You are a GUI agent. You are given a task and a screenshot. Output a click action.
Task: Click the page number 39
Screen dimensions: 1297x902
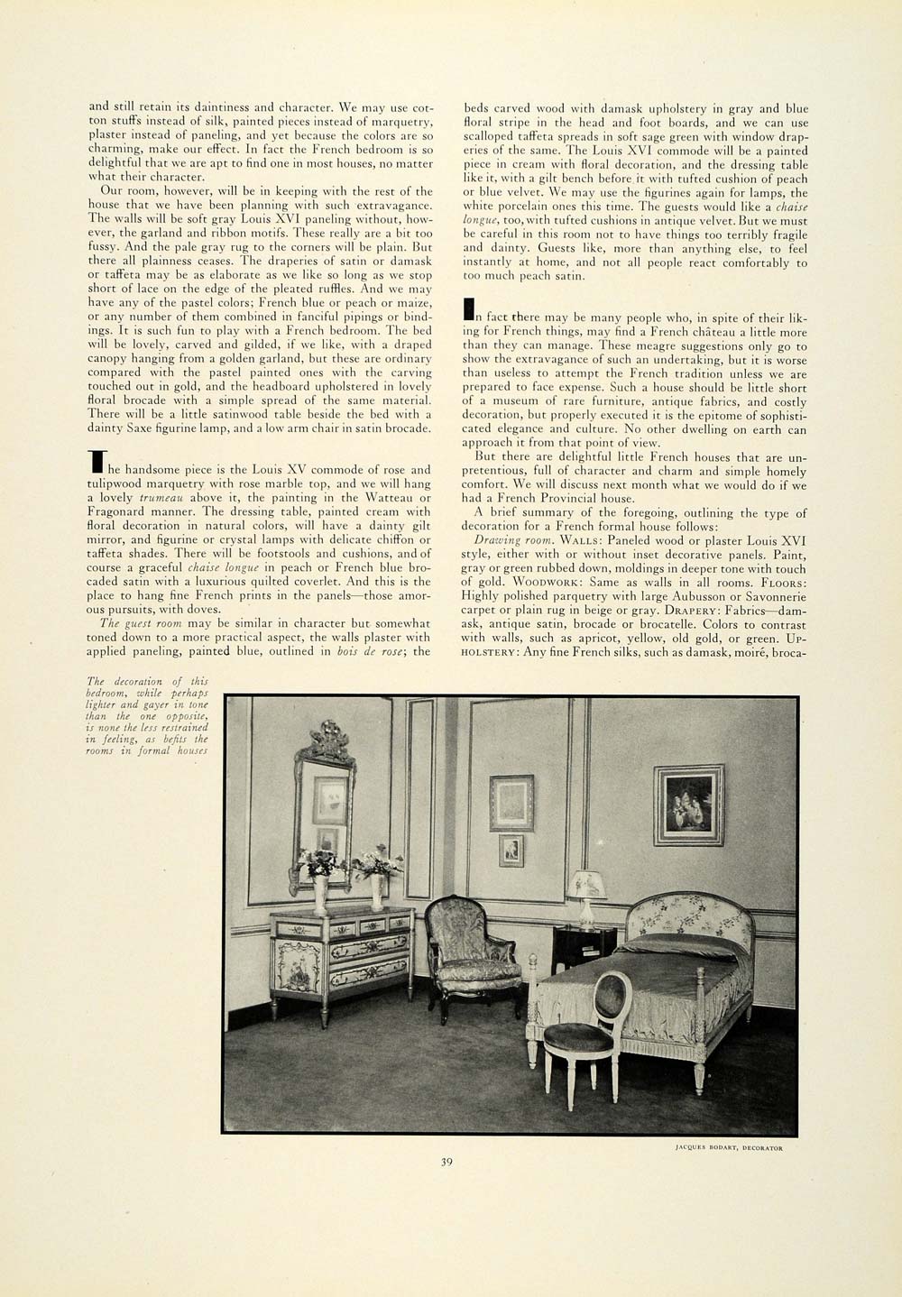tap(446, 1162)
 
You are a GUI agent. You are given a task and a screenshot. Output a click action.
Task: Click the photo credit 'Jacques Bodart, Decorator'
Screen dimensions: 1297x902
tap(729, 1148)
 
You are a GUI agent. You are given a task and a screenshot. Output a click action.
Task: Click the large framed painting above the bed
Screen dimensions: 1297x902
tap(689, 805)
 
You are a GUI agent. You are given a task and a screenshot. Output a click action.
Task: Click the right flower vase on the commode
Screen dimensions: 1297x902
tap(377, 880)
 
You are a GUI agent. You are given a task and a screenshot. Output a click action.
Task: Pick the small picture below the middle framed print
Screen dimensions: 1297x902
tap(511, 850)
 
